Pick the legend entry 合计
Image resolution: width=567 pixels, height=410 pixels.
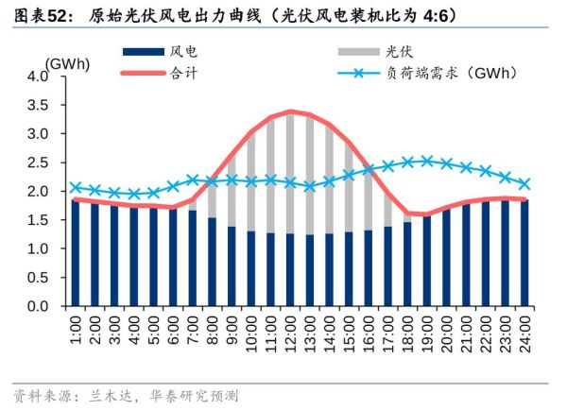[185, 72]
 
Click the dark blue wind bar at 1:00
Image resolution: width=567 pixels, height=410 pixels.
[76, 253]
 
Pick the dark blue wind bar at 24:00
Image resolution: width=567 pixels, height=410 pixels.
[524, 253]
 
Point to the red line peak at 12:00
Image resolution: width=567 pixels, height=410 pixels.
[290, 111]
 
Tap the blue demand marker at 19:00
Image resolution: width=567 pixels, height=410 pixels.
[427, 161]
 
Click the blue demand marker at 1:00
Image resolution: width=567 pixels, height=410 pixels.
[76, 187]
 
